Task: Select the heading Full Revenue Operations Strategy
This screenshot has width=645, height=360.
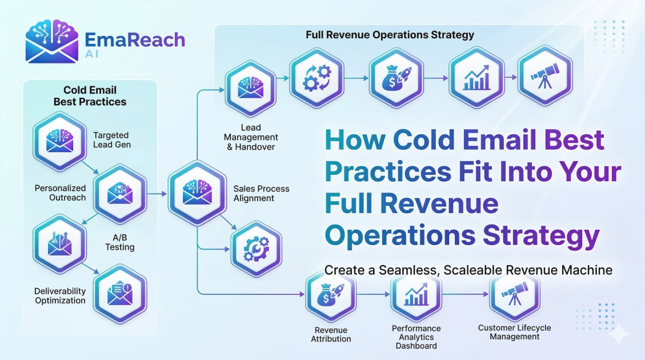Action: pyautogui.click(x=390, y=35)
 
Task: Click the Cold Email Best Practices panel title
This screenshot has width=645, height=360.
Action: pyautogui.click(x=90, y=96)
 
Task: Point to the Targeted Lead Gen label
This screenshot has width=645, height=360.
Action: pyautogui.click(x=112, y=140)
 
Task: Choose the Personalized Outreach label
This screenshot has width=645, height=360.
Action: pyautogui.click(x=60, y=193)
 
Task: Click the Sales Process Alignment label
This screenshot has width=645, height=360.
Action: pyautogui.click(x=261, y=193)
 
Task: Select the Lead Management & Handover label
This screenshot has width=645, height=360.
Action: pyautogui.click(x=251, y=138)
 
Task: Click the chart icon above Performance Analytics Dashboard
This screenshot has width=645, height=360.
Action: pyautogui.click(x=416, y=295)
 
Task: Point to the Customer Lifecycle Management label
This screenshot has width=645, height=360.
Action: pyautogui.click(x=514, y=332)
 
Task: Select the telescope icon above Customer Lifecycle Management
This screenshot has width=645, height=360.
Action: pyautogui.click(x=515, y=295)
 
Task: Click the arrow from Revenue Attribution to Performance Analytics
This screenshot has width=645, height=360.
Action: pyautogui.click(x=373, y=295)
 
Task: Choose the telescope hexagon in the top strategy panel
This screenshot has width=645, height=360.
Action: pyautogui.click(x=544, y=79)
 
